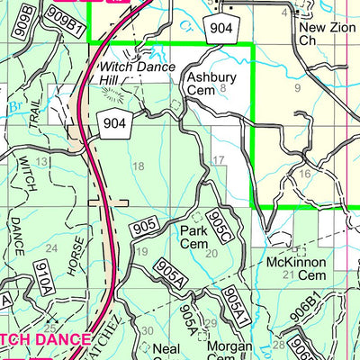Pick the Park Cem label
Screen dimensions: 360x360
pos(193,237)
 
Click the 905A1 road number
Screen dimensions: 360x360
pos(232,305)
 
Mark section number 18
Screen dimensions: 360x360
pos(138,166)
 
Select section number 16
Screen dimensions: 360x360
pos(305,174)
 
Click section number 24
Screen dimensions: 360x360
pos(51,248)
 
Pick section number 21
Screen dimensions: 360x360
pos(288,274)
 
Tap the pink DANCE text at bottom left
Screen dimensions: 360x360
pos(60,339)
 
